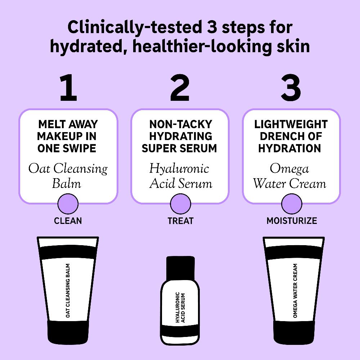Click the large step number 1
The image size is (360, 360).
(68, 87)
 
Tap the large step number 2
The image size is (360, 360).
(180, 87)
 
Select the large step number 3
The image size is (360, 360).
(291, 87)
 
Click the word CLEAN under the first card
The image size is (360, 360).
(68, 221)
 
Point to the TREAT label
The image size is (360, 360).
(180, 221)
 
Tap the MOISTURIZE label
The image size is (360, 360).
(292, 221)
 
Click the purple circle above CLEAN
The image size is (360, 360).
(68, 204)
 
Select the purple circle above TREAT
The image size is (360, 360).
(180, 204)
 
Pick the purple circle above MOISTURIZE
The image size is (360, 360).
(292, 204)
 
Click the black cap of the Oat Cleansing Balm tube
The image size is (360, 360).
(68, 332)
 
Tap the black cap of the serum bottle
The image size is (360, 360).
(180, 268)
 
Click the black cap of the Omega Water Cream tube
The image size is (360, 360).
(294, 332)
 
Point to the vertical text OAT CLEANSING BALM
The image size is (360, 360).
(68, 291)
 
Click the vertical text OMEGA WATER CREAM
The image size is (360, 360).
(295, 291)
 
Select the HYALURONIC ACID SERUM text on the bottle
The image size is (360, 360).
(180, 307)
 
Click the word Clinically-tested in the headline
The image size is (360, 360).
(135, 27)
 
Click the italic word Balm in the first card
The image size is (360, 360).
(67, 184)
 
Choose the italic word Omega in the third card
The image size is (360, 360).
(289, 169)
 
